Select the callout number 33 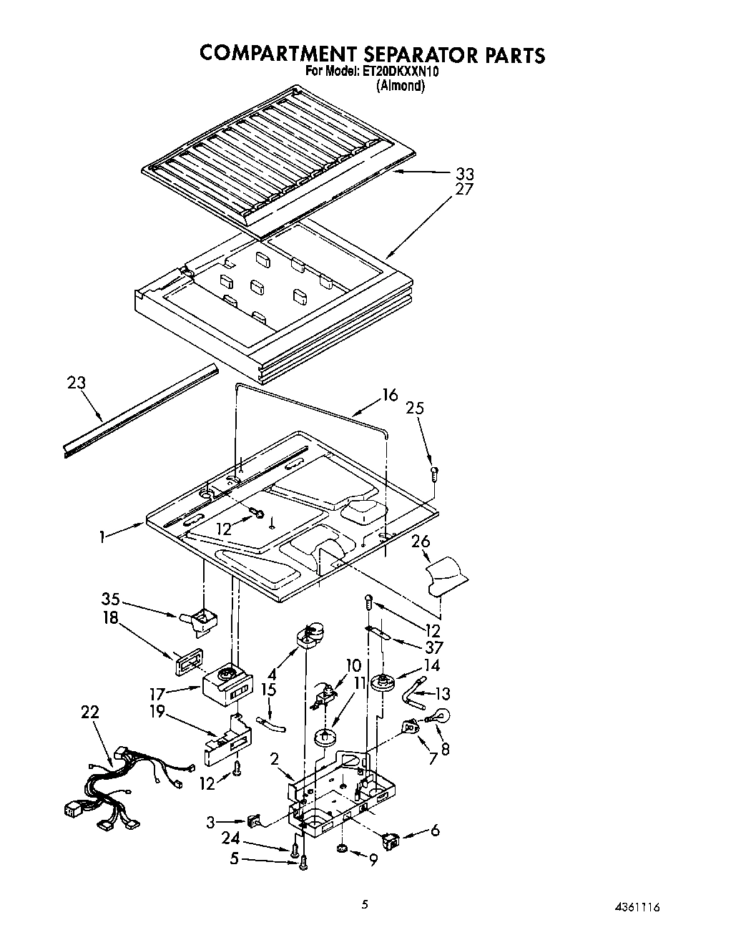pyautogui.click(x=465, y=174)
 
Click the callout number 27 pyautogui.click(x=465, y=190)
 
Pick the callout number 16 pyautogui.click(x=389, y=394)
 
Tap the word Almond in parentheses pyautogui.click(x=401, y=86)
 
